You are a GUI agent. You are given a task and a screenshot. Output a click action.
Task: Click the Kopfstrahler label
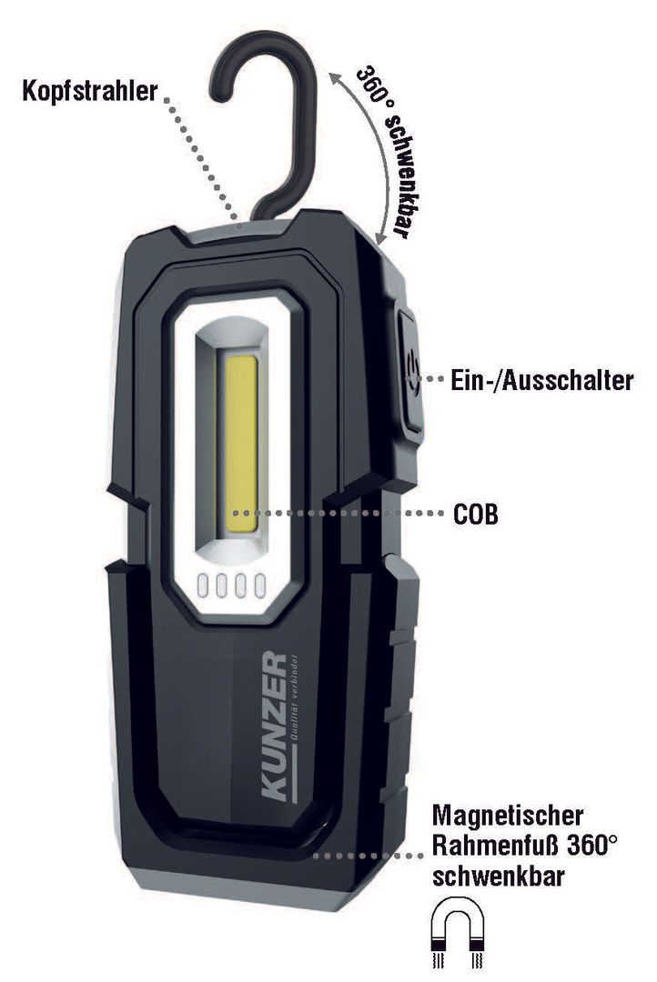click(90, 92)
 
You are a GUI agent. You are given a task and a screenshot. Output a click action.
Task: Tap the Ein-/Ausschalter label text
click(542, 380)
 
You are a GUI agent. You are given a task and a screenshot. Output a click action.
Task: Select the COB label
click(476, 514)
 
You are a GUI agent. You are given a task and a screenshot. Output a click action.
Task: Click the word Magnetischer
click(507, 816)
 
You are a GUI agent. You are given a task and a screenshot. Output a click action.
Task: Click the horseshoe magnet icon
click(459, 932)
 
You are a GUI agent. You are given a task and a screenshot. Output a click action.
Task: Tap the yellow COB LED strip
click(241, 444)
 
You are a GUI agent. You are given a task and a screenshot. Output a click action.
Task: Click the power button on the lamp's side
click(410, 372)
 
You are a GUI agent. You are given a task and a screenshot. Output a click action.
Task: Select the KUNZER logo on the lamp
click(274, 726)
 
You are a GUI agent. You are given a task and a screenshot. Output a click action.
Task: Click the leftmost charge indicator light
click(203, 586)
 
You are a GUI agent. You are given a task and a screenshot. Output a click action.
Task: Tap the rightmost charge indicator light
click(259, 586)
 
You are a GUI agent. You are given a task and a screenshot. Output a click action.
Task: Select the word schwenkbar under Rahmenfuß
click(499, 876)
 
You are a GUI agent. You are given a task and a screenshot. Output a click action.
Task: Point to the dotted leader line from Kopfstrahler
click(203, 160)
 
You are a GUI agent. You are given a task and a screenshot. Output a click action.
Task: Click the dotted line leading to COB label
click(339, 513)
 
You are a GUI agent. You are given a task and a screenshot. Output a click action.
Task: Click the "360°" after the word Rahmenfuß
click(591, 846)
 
